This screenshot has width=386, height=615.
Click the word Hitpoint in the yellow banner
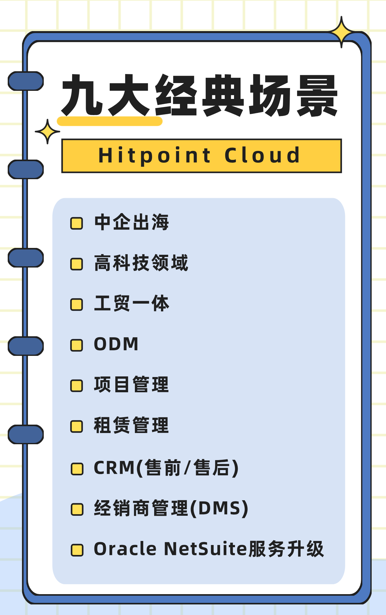(154, 156)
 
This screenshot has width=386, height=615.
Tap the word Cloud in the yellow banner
(262, 156)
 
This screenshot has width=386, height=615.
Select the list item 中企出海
(131, 222)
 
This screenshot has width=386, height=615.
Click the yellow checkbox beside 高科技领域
(76, 264)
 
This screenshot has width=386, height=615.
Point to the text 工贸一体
(131, 303)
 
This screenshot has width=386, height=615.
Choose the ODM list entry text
(116, 344)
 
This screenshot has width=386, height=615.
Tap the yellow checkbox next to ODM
(76, 345)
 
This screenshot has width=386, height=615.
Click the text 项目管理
(131, 385)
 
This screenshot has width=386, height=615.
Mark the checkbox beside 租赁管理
(76, 426)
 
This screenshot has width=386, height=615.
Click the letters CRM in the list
(114, 468)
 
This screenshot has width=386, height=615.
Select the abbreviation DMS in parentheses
(219, 509)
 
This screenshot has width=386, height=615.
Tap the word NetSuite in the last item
(205, 549)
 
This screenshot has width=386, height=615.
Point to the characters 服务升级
(286, 549)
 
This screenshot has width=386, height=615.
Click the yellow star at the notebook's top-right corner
(341, 32)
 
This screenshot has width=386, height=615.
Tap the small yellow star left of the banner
(47, 132)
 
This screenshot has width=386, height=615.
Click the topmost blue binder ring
(26, 81)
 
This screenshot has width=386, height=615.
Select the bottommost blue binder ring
(26, 434)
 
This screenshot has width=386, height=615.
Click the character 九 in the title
(82, 95)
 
